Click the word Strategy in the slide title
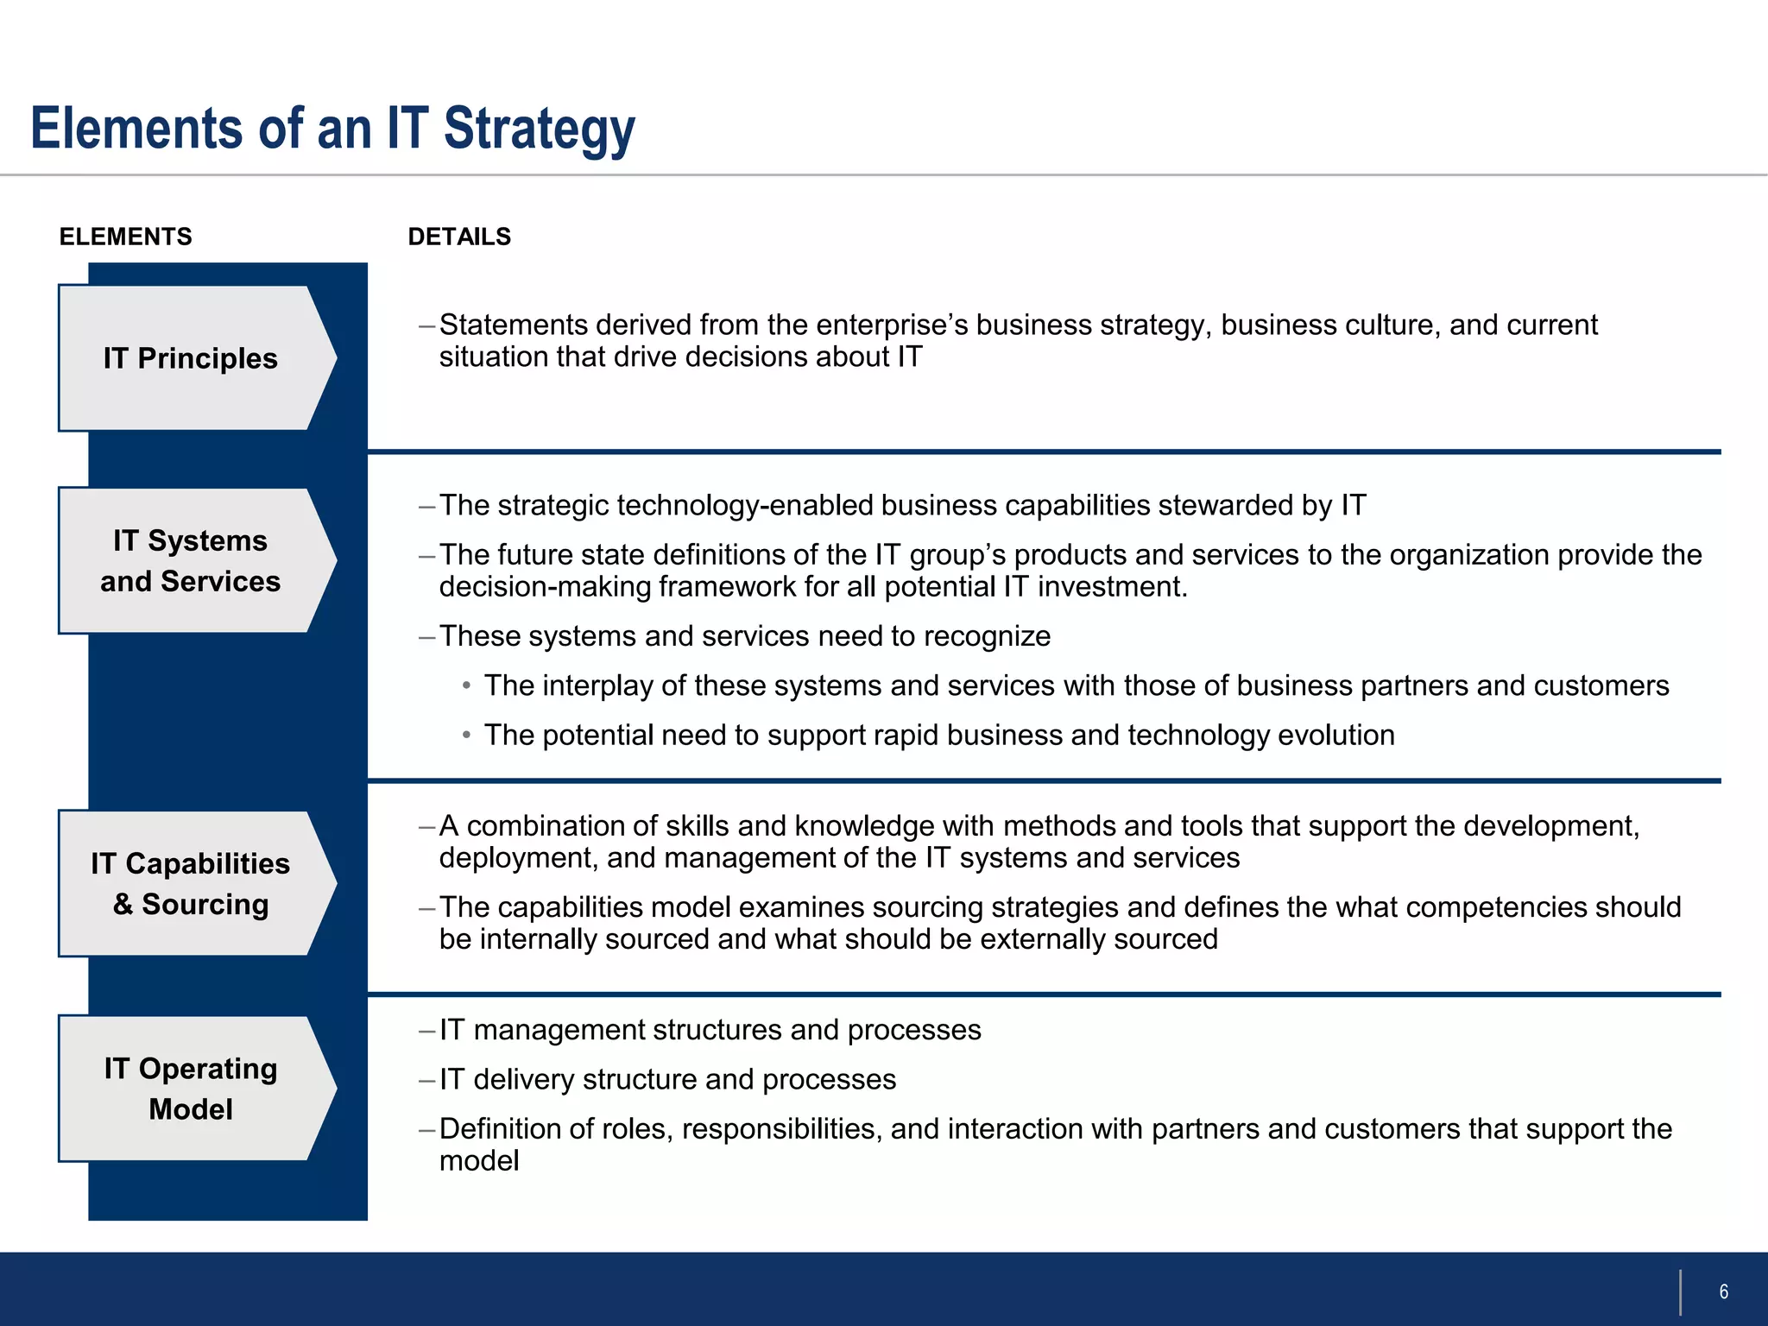tap(539, 129)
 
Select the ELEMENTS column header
tap(125, 237)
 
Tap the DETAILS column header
tap(459, 237)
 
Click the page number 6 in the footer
tap(1723, 1291)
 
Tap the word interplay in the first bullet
tap(597, 685)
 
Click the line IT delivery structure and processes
tap(667, 1079)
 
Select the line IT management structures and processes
tap(710, 1030)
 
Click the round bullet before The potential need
tap(466, 735)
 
